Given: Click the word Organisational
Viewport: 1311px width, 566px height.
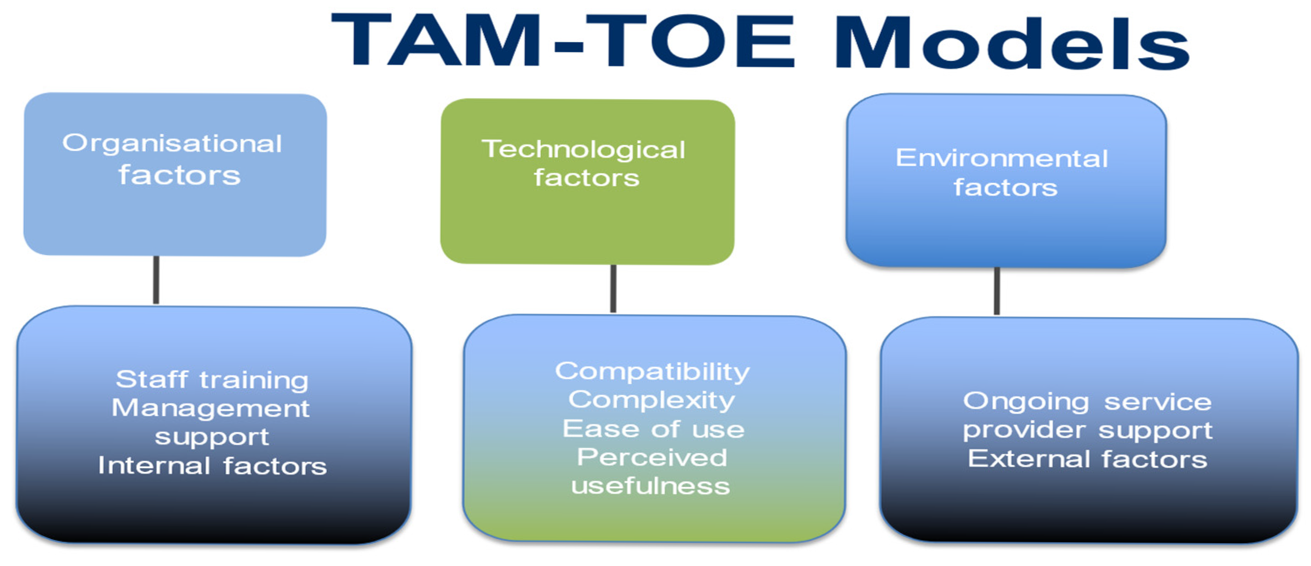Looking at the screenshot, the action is click(x=172, y=143).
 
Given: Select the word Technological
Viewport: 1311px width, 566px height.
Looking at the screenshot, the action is click(x=584, y=150).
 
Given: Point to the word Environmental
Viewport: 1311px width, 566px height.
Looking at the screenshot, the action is click(x=1002, y=158).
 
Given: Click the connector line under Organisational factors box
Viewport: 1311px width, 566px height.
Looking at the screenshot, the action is click(x=156, y=280).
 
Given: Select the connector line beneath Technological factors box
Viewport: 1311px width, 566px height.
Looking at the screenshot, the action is click(x=613, y=288).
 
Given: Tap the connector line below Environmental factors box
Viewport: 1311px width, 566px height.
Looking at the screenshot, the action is click(x=997, y=291).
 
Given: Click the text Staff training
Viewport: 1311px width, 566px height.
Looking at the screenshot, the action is click(x=212, y=380).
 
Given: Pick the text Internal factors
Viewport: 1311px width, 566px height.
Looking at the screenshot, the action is click(x=212, y=465).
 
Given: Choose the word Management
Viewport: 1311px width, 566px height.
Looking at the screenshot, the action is click(x=211, y=409).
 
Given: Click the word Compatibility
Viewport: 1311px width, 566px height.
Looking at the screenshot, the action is click(x=652, y=372).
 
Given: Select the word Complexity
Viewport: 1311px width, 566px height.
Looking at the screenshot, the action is click(x=652, y=400).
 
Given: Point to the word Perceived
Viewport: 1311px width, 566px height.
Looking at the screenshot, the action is click(x=652, y=457).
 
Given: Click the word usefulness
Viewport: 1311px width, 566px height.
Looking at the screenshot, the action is click(x=650, y=486).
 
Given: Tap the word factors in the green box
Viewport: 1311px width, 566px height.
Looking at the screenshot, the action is click(x=586, y=178).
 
